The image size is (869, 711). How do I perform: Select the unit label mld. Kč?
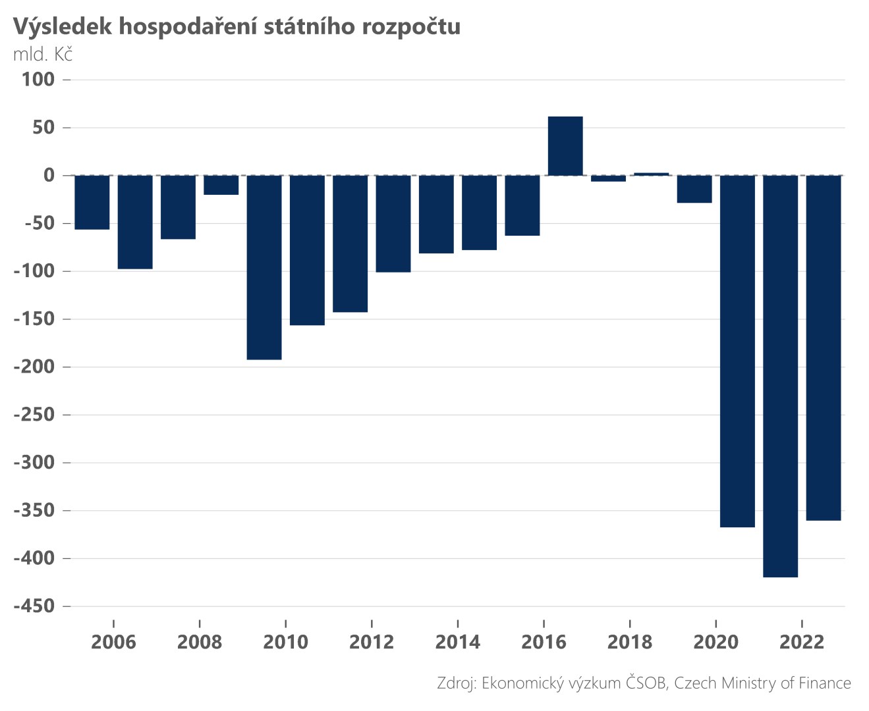(x=43, y=54)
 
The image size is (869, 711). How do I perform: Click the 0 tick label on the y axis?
(x=49, y=175)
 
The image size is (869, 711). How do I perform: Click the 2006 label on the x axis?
(x=113, y=642)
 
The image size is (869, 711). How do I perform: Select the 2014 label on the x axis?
(x=457, y=642)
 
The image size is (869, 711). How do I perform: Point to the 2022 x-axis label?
(x=801, y=642)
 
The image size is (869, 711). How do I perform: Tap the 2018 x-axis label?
(x=629, y=642)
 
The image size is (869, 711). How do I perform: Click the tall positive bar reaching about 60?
(x=565, y=146)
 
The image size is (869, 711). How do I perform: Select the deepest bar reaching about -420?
(x=780, y=376)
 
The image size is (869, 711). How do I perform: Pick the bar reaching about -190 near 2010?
(x=264, y=267)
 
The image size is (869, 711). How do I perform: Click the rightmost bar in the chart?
(x=823, y=348)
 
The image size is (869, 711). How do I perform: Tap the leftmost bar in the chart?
(x=92, y=202)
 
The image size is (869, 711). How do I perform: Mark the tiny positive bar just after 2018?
(x=651, y=174)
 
